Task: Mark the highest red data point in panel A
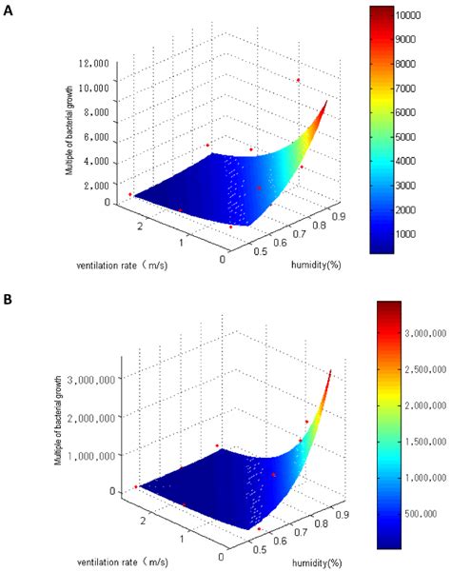pos(298,80)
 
